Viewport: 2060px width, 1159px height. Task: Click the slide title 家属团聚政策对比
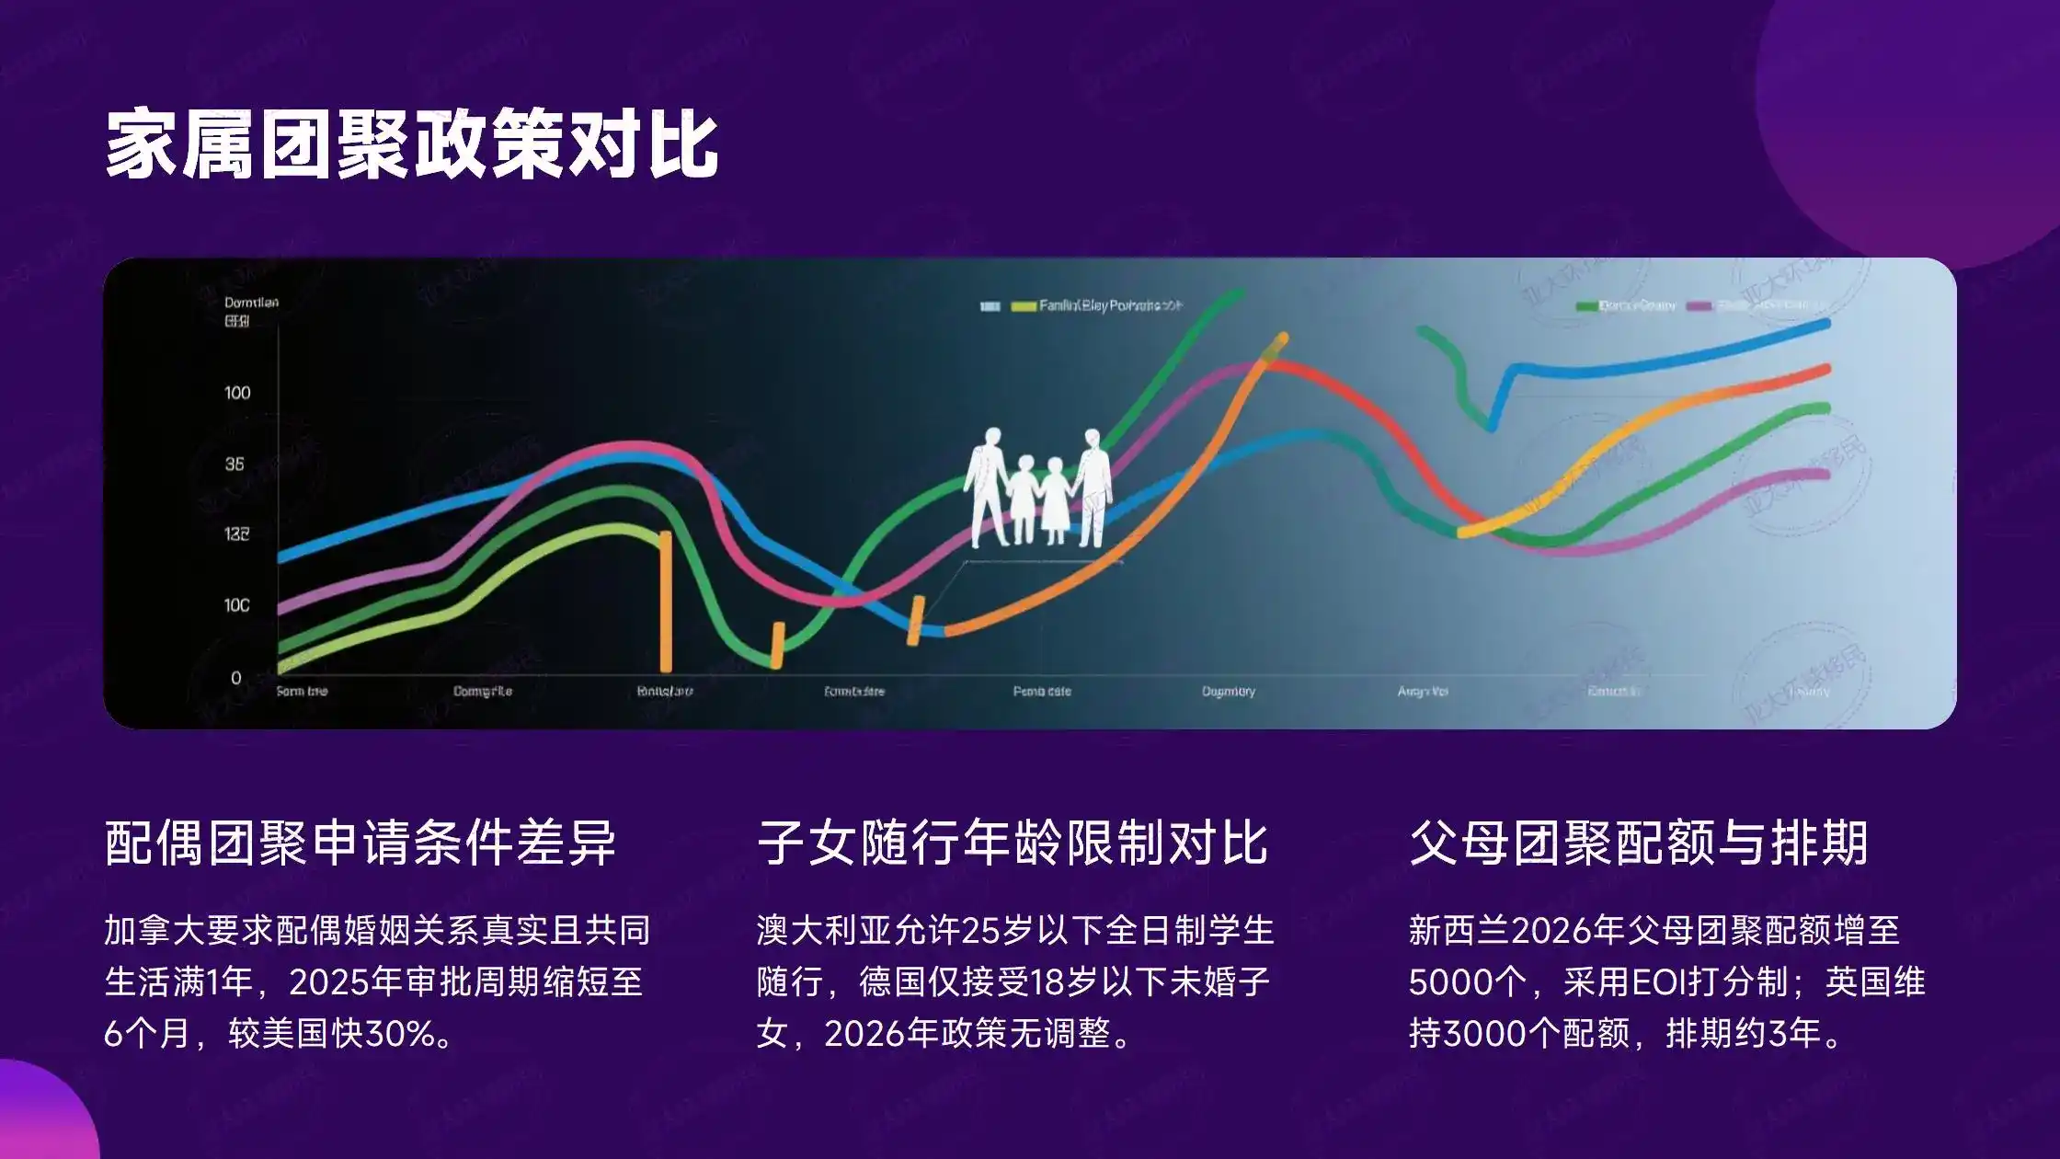click(x=411, y=144)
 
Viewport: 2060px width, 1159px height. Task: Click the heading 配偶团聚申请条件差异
click(x=360, y=843)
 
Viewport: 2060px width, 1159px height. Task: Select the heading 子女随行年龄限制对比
click(x=1013, y=843)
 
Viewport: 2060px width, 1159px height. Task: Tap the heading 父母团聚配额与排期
click(x=1638, y=843)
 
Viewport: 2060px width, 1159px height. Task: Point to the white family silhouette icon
click(x=1038, y=488)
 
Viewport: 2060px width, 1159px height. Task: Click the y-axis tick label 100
click(x=237, y=393)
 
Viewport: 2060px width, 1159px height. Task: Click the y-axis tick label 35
click(x=235, y=464)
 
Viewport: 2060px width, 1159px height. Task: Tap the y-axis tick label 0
click(x=236, y=678)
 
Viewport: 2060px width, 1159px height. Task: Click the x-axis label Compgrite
click(x=483, y=691)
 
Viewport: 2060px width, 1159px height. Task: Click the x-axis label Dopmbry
click(x=1229, y=691)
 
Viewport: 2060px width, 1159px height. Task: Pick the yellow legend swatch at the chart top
click(x=1023, y=306)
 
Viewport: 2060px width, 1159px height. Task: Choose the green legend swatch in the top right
click(x=1585, y=306)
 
